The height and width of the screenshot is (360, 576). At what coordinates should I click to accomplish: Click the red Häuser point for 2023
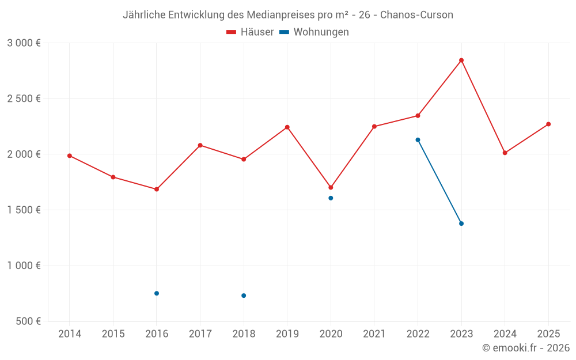coord(461,60)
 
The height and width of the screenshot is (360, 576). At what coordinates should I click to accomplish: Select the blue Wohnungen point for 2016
coord(157,293)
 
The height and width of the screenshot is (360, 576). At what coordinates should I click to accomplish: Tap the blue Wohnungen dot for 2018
coord(244,295)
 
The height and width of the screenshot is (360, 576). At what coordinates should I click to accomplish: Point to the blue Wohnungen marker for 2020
coord(331,198)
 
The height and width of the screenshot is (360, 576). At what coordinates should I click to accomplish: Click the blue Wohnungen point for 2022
coord(418,140)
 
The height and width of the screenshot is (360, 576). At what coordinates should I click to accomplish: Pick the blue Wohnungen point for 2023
coord(461,223)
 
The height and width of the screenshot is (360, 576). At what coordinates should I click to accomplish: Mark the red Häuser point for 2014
coord(70,156)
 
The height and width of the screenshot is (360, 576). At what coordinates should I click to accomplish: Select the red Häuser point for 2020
coord(331,187)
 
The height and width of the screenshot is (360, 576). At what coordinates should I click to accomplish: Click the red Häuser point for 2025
coord(548,124)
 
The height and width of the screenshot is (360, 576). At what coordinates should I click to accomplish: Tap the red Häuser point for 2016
coord(157,189)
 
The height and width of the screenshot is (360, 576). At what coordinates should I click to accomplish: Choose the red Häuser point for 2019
coord(287,127)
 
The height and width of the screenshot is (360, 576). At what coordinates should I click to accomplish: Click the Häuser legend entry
coord(250,32)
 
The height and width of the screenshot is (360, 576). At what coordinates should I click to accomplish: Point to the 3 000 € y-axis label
coord(24,43)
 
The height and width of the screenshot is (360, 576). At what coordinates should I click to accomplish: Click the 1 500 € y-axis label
coord(24,210)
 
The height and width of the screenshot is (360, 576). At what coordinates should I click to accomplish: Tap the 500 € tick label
coord(28,321)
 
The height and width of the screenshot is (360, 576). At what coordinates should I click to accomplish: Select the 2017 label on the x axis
coord(200,334)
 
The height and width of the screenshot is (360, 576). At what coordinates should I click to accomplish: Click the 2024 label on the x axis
coord(505,334)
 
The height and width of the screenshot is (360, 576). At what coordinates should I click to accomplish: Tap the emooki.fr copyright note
coord(525,348)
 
